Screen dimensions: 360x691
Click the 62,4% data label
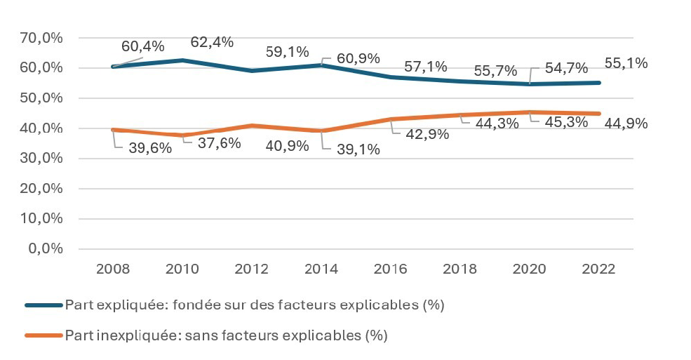pyautogui.click(x=212, y=42)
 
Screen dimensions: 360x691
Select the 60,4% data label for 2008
pyautogui.click(x=142, y=47)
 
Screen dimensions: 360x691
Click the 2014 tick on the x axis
pyautogui.click(x=322, y=269)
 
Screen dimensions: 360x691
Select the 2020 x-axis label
pyautogui.click(x=530, y=269)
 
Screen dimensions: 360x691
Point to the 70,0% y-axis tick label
pyautogui.click(x=44, y=38)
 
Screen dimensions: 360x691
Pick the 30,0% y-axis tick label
pyautogui.click(x=44, y=159)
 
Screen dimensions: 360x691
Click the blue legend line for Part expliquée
pyautogui.click(x=43, y=305)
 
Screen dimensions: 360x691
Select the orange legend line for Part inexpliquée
pyautogui.click(x=43, y=335)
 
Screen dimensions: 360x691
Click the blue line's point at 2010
pyautogui.click(x=183, y=60)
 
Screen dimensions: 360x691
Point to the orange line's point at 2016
pyautogui.click(x=391, y=119)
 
